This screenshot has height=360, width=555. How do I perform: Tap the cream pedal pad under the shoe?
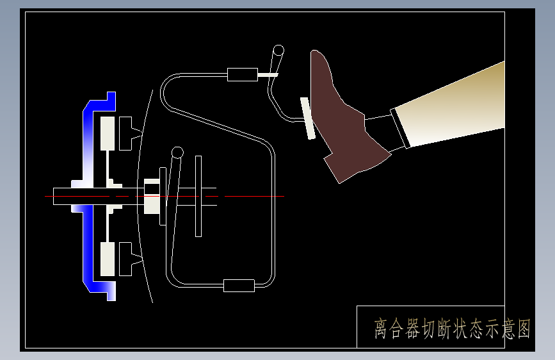point(307,118)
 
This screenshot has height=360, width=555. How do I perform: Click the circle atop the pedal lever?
point(278,51)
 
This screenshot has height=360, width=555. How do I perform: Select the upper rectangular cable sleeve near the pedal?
point(243,75)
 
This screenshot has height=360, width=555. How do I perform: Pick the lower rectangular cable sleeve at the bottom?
point(239,286)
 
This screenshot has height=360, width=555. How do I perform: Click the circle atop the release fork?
point(177,152)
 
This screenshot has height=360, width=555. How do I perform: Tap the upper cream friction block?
point(108,134)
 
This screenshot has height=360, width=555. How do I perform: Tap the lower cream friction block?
point(108,259)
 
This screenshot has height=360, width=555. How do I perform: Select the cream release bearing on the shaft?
point(152,196)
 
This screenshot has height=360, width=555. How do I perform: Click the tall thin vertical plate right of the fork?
point(198,196)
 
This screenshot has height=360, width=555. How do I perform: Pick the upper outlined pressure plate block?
point(125,134)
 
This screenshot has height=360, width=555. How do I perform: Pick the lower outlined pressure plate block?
point(125,259)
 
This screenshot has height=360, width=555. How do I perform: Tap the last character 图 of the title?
point(524,329)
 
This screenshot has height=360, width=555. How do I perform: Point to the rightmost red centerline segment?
point(255,196)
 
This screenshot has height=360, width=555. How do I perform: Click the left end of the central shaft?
point(53,196)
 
